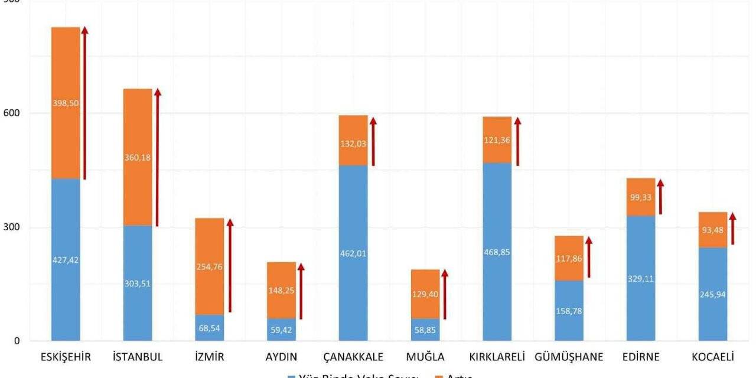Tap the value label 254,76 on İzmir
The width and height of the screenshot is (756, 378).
[210, 266]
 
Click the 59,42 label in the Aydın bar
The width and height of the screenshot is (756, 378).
[281, 331]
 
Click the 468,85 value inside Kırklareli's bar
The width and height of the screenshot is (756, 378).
[497, 252]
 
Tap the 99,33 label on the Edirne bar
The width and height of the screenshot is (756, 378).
[641, 197]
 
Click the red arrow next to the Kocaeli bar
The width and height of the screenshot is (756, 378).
[733, 229]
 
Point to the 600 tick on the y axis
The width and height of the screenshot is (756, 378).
[13, 113]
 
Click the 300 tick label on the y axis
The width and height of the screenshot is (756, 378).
[13, 227]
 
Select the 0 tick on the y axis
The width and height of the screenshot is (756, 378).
[17, 341]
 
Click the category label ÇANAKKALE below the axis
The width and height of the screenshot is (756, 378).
[353, 357]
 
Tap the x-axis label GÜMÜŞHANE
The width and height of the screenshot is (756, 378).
[569, 357]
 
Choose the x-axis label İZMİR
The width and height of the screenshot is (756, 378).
[210, 357]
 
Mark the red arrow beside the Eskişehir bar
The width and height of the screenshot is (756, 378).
[84, 103]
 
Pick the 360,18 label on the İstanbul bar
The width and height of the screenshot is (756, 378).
[138, 157]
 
